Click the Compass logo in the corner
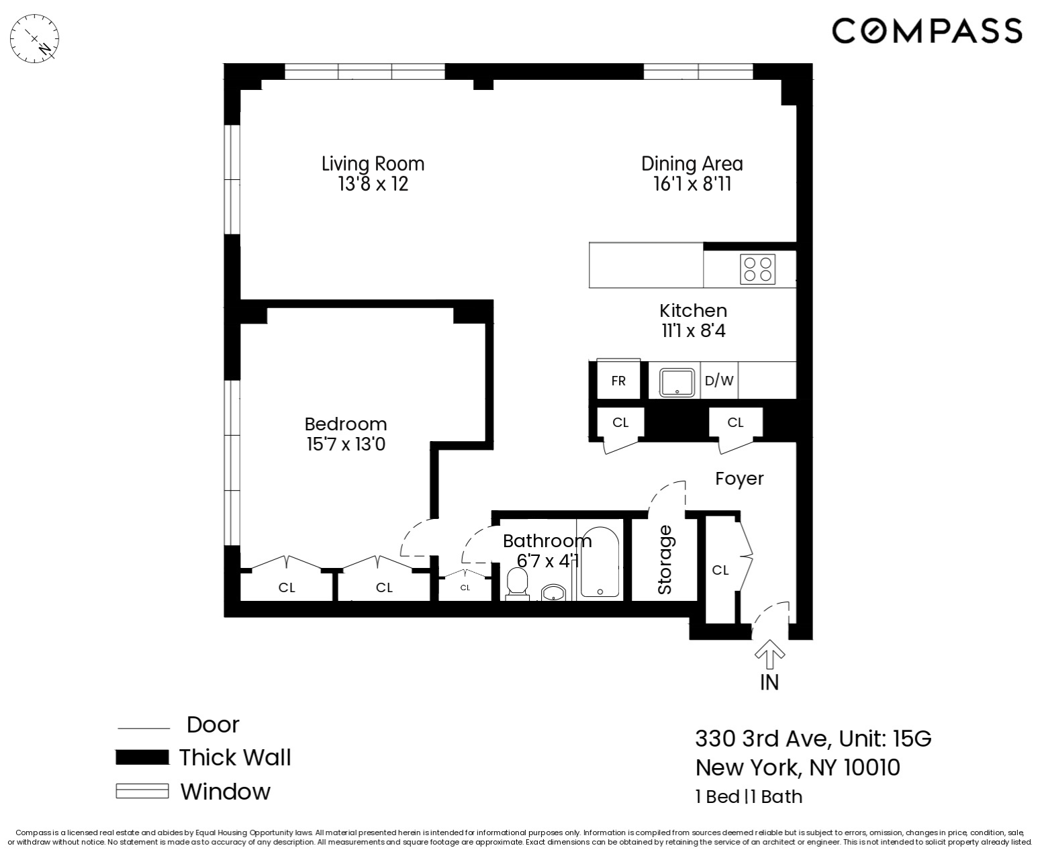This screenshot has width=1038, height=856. point(927,31)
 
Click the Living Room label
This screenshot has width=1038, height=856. point(373,164)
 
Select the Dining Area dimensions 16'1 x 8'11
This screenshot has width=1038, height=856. point(692,184)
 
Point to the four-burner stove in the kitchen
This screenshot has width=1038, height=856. point(758,269)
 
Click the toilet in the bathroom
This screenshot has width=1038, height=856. point(517,583)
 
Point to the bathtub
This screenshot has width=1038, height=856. point(600,563)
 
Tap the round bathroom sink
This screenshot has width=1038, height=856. point(555,593)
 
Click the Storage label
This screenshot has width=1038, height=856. point(665,559)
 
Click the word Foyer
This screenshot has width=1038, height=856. point(739,479)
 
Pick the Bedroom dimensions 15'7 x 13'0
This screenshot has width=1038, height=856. point(346,444)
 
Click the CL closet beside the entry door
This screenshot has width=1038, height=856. point(720,570)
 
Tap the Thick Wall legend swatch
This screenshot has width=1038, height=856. point(142,757)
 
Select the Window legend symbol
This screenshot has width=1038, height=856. point(142,792)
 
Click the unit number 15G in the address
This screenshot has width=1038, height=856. point(912,739)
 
